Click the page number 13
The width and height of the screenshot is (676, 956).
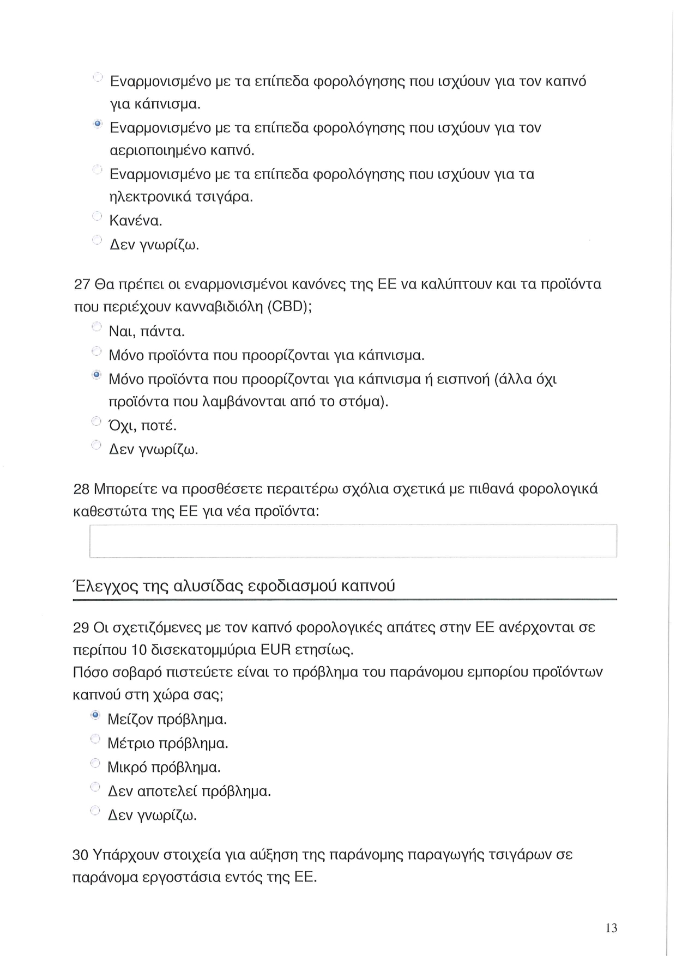click(x=611, y=928)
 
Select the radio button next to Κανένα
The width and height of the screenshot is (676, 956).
click(x=97, y=217)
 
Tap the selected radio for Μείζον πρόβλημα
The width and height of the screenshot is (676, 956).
click(x=95, y=715)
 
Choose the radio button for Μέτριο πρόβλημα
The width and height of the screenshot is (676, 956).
click(x=95, y=739)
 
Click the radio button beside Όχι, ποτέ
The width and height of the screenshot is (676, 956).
click(x=96, y=421)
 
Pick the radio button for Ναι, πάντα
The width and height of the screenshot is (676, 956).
click(x=96, y=327)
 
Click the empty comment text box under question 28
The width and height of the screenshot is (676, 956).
click(x=353, y=540)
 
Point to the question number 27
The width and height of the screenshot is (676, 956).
click(x=81, y=284)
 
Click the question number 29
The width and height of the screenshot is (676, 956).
click(x=81, y=628)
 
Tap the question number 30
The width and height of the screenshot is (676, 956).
click(x=81, y=855)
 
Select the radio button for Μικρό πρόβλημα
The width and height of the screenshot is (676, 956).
click(x=95, y=763)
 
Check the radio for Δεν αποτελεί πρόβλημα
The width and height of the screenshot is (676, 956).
click(x=95, y=787)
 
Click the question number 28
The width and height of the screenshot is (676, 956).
click(x=81, y=489)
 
